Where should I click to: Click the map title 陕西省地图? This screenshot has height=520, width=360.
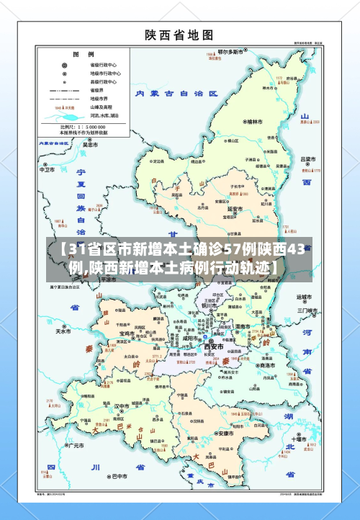179,34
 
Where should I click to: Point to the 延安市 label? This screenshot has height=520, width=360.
235,209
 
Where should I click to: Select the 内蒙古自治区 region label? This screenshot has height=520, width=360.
176,94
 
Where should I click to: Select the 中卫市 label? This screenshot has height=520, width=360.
47,171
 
